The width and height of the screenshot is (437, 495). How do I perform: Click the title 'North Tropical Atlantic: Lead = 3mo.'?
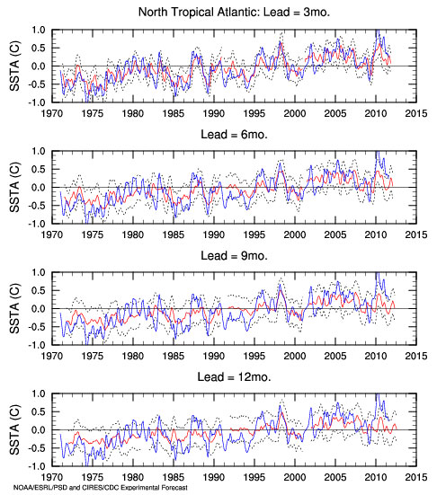234,13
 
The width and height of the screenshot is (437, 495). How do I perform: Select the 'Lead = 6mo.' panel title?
234,135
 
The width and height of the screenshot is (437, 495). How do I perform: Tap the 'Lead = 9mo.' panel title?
234,256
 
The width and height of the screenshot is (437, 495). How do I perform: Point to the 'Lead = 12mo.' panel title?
234,377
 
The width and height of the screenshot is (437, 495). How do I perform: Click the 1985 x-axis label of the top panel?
174,113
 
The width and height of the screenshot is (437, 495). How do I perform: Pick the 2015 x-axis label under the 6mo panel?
416,234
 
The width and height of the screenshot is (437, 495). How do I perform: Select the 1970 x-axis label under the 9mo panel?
52,356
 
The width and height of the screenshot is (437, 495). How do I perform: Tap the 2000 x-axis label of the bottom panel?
295,477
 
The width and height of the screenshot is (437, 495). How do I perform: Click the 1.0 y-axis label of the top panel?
39,31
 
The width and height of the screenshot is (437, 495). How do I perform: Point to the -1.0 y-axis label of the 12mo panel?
36,466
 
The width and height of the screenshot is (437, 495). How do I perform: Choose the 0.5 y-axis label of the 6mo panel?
39,170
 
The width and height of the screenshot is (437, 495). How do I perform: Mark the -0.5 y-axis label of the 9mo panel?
36,327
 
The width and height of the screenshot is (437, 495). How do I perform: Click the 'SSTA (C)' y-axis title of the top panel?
14,66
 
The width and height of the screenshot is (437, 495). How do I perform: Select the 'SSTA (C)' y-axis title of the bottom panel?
14,429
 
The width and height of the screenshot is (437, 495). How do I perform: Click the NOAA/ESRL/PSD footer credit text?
100,488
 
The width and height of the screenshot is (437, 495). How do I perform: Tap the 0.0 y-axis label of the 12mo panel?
39,430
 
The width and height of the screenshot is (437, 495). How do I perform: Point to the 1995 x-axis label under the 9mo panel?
254,356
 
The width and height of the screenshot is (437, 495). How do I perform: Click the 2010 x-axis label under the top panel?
376,113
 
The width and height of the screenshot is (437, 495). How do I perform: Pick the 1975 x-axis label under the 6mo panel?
93,234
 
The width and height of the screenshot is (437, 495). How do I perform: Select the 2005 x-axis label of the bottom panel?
335,477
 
